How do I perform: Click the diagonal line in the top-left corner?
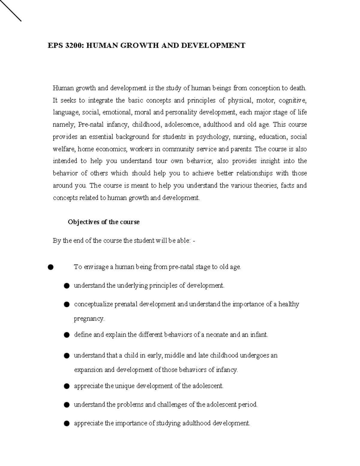click(10, 11)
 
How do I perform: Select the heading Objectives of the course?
click(103, 222)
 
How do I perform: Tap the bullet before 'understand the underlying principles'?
click(67, 286)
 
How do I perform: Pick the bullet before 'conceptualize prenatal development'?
click(67, 305)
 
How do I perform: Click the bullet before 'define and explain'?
click(67, 335)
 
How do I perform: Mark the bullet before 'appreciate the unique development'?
click(67, 386)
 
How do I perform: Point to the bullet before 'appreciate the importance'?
click(67, 423)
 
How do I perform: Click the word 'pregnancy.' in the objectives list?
click(89, 319)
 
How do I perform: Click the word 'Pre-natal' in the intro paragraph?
click(90, 125)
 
